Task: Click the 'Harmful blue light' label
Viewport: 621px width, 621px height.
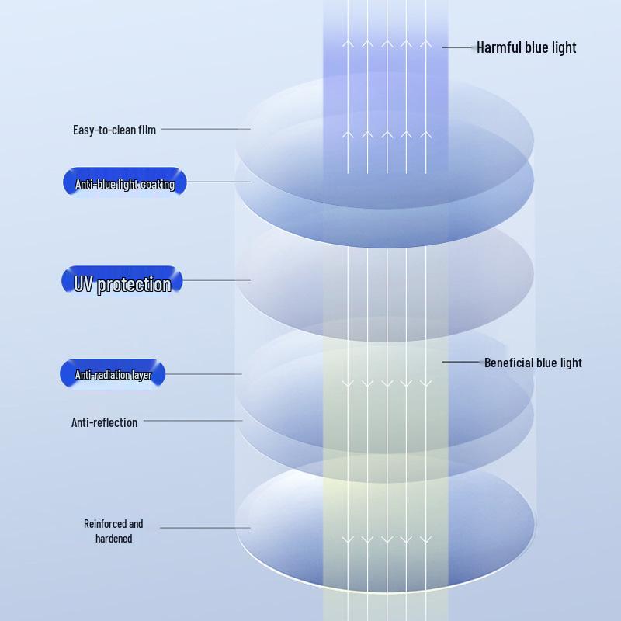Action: (526, 47)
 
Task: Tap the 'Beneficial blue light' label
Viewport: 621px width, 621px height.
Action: (533, 363)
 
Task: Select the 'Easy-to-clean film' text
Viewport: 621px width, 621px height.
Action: (114, 130)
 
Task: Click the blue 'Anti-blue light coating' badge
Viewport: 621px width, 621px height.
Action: (124, 183)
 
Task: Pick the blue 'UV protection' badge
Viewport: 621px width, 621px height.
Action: (122, 283)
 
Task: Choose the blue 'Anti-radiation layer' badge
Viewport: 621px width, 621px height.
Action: (113, 375)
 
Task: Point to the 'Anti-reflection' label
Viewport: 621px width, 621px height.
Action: (104, 422)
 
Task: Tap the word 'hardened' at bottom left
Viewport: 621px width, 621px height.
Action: (113, 539)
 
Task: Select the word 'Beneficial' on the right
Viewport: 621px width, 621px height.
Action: (508, 363)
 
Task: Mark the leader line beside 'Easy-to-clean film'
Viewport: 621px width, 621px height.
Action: (206, 129)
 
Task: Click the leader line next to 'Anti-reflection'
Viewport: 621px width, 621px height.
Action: (193, 421)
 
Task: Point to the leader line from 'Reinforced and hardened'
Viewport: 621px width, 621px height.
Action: (205, 528)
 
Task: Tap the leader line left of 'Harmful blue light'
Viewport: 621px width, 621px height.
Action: (459, 47)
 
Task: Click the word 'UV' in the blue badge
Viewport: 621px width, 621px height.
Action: (84, 283)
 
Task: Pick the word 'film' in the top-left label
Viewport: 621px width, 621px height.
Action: (147, 130)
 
